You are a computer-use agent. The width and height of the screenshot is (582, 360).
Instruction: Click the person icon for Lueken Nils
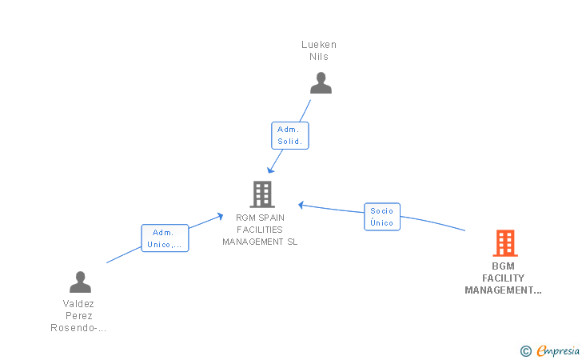tap(321, 83)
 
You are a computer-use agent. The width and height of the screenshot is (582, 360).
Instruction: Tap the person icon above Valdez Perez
tap(80, 282)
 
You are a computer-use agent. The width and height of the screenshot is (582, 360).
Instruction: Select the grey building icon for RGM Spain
tap(262, 194)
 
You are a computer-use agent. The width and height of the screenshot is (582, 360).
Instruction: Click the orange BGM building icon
tap(505, 243)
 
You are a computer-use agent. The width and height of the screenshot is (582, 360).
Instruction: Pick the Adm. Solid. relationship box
tap(290, 136)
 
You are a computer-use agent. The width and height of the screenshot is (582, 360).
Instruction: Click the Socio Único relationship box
tap(382, 217)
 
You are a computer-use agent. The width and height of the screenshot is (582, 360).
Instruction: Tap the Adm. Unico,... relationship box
tap(165, 238)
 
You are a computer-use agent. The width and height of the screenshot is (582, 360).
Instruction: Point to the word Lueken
tap(319, 45)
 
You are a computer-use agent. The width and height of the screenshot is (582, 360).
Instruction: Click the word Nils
tap(319, 57)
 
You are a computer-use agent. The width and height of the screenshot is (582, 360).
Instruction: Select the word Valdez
tap(78, 304)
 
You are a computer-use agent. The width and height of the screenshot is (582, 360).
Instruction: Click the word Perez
tap(78, 316)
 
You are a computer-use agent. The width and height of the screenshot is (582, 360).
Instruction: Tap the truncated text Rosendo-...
tap(78, 328)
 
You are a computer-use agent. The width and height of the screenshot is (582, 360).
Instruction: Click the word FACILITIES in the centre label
tap(260, 230)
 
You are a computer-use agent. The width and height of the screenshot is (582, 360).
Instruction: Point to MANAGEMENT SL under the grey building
tap(260, 242)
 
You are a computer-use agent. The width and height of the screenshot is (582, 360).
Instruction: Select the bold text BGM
tap(504, 266)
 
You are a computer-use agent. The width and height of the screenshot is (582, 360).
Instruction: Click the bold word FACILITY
tap(504, 278)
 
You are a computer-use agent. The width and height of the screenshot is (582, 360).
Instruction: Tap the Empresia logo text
tap(558, 350)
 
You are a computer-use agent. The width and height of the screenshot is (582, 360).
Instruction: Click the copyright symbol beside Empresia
tap(525, 351)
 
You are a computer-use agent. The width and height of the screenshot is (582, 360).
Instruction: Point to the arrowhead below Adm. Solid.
tap(270, 170)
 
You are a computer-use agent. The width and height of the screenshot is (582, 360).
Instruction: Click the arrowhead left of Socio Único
tap(301, 205)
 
